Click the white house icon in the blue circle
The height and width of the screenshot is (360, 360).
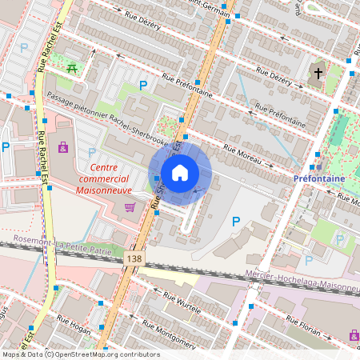(180, 173)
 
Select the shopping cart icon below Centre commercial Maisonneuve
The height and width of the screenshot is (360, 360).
(130, 207)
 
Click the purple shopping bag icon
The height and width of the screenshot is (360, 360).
(63, 148)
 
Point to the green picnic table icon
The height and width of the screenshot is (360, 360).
(74, 68)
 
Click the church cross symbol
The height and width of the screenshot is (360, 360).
(317, 73)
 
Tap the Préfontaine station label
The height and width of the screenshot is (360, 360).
(318, 178)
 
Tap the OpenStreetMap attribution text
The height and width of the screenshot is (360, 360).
(80, 354)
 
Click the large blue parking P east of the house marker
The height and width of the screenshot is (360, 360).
(235, 222)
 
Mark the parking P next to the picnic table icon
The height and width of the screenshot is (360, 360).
(24, 48)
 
